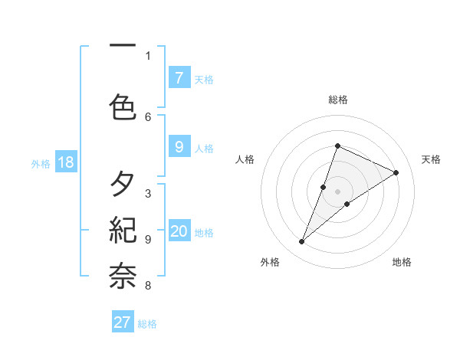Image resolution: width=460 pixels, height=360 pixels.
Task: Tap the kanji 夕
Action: tap(123, 185)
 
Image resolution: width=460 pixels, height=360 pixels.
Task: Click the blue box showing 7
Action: tap(179, 77)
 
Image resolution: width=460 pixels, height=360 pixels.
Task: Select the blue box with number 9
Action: tap(179, 146)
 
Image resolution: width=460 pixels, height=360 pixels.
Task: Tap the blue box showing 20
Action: tap(179, 231)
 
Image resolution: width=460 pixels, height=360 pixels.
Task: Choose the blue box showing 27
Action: tap(122, 322)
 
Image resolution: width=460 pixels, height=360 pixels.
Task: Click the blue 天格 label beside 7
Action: tap(204, 79)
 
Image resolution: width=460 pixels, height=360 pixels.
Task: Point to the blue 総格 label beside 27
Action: tap(147, 324)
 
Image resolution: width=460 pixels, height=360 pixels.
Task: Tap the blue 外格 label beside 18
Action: tap(41, 164)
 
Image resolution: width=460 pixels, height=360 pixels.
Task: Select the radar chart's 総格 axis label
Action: tap(337, 100)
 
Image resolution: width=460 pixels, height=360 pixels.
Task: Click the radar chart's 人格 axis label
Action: tap(245, 159)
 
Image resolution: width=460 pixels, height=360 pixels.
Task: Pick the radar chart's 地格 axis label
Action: tap(402, 262)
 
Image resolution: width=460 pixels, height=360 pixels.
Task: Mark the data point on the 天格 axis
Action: tap(396, 172)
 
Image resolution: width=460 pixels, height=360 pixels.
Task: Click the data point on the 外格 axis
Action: tap(302, 242)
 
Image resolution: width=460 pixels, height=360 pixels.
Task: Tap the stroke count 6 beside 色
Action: tap(148, 116)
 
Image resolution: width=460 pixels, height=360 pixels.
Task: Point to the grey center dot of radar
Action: tap(337, 191)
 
